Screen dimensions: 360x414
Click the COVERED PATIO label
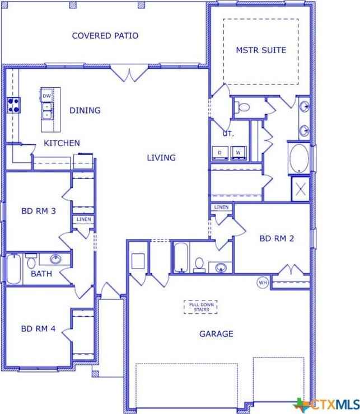pyautogui.click(x=105, y=36)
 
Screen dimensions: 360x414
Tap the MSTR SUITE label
pyautogui.click(x=261, y=50)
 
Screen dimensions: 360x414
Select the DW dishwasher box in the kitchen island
pyautogui.click(x=47, y=95)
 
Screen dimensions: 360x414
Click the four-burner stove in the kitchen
pyautogui.click(x=13, y=105)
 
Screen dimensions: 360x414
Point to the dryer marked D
pyautogui.click(x=220, y=153)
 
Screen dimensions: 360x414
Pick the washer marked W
pyautogui.click(x=239, y=153)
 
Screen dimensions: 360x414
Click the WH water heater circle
pyautogui.click(x=263, y=283)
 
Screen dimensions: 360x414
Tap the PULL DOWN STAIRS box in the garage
pyautogui.click(x=200, y=307)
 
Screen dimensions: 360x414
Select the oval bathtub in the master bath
pyautogui.click(x=299, y=158)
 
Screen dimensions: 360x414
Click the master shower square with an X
pyautogui.click(x=300, y=189)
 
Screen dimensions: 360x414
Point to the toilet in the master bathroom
pyautogui.click(x=242, y=107)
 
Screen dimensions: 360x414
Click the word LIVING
pyautogui.click(x=161, y=158)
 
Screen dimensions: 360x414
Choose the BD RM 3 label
pyautogui.click(x=39, y=211)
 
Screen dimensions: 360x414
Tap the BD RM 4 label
pyautogui.click(x=38, y=329)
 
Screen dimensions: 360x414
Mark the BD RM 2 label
pyautogui.click(x=277, y=239)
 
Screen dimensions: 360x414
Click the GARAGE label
pyautogui.click(x=216, y=334)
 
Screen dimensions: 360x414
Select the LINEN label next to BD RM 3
pyautogui.click(x=84, y=219)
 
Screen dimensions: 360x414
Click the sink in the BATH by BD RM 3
pyautogui.click(x=55, y=259)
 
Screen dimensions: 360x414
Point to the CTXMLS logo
pyautogui.click(x=326, y=404)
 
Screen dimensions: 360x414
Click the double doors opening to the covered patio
pyautogui.click(x=129, y=73)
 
